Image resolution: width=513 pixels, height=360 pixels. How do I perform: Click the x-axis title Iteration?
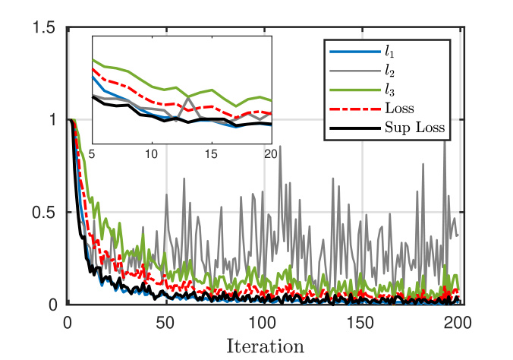pos(265,346)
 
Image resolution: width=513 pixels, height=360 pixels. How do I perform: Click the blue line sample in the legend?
pos(353,52)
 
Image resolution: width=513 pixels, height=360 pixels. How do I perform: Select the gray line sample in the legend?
pos(353,71)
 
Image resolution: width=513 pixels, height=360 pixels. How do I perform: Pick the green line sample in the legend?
pos(353,90)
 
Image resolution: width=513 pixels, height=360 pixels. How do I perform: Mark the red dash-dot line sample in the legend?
pos(353,109)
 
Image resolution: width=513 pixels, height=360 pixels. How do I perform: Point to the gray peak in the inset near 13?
pos(187,96)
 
